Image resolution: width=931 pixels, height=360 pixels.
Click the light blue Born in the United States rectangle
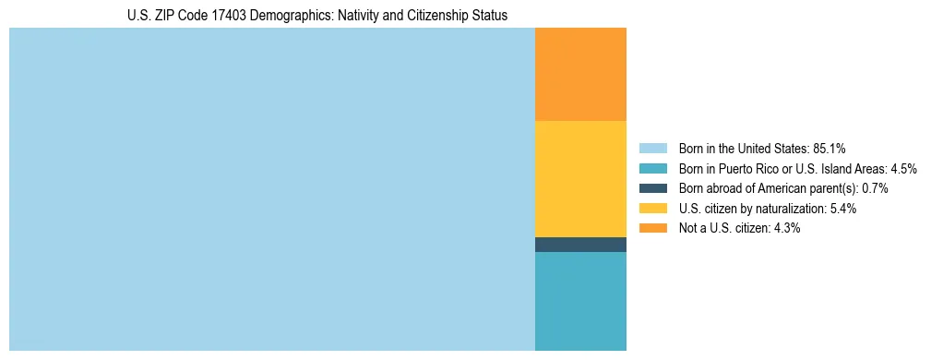coord(272,189)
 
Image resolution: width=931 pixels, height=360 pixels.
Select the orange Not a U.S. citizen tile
coord(580,74)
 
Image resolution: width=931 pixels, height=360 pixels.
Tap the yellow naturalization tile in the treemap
coord(580,179)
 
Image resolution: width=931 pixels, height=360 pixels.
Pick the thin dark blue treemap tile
coord(580,245)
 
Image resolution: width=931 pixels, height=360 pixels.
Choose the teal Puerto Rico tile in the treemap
coord(580,301)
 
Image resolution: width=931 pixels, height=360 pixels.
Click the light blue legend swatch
coord(652,149)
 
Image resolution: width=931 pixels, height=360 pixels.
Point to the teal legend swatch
coord(652,169)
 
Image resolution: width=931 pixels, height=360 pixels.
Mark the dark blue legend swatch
coord(652,188)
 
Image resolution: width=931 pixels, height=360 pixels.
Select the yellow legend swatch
coord(652,209)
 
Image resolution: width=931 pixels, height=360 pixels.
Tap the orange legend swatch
coord(652,228)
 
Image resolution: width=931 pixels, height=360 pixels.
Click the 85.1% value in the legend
coord(830,149)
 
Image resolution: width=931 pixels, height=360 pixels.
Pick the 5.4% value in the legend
coord(842,209)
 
